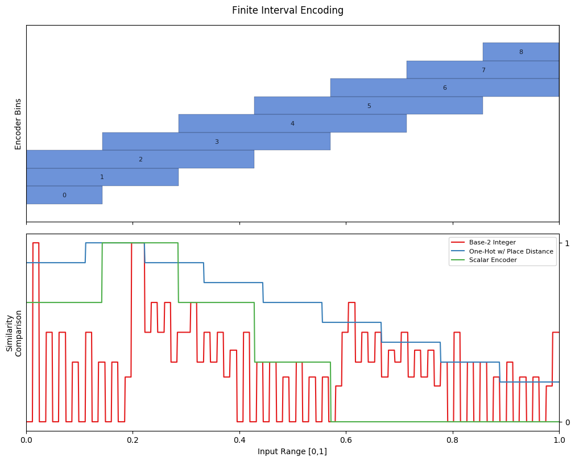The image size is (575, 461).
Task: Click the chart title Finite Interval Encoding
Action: point(288,10)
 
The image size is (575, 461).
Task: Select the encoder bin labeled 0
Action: point(64,195)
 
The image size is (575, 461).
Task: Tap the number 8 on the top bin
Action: point(521,52)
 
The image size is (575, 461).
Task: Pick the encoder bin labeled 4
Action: point(292,123)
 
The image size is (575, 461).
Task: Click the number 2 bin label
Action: point(141,159)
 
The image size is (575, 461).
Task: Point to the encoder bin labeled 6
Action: point(445,88)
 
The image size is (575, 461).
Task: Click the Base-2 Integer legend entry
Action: point(483,242)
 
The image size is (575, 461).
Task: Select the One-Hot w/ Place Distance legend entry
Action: point(502,251)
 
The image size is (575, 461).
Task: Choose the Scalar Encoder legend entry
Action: point(483,260)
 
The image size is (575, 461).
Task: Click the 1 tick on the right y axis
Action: point(567,243)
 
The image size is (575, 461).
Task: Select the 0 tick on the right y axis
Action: point(568,422)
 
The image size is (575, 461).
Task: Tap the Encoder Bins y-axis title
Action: point(18,124)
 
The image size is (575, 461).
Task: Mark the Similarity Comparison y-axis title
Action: point(14,333)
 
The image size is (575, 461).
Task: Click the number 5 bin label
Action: point(369,106)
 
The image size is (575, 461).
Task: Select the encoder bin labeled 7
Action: point(483,69)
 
